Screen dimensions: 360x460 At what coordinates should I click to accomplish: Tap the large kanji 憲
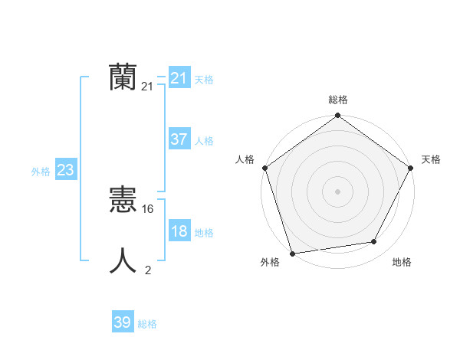(123, 201)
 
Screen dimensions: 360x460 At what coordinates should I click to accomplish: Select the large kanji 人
(123, 260)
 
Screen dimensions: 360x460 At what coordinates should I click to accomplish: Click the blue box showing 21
(179, 78)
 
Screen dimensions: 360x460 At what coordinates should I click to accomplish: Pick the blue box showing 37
(179, 140)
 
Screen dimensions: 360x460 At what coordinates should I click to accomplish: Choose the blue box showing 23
(65, 171)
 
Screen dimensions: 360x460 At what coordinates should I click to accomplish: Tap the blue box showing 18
(179, 232)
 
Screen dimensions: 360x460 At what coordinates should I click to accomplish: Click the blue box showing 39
(122, 323)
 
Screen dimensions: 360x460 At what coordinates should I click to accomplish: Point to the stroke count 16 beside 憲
(149, 208)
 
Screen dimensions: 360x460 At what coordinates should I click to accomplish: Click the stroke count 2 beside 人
(148, 270)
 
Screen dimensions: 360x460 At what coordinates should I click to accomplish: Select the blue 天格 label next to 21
(204, 80)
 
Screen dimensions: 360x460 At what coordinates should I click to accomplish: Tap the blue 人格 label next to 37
(204, 141)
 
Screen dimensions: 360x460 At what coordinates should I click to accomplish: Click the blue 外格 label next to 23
(41, 172)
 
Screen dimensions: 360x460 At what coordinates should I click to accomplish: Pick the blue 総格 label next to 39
(147, 324)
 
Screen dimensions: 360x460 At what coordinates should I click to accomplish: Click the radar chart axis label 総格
(338, 100)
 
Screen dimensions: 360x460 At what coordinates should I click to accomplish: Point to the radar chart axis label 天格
(432, 159)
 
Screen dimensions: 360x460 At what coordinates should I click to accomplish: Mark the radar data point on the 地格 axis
(374, 242)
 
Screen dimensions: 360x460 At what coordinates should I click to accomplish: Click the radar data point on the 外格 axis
(292, 253)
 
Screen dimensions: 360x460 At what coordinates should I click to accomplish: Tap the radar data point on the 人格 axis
(264, 168)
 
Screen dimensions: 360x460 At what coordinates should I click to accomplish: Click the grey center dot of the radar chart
(337, 191)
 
